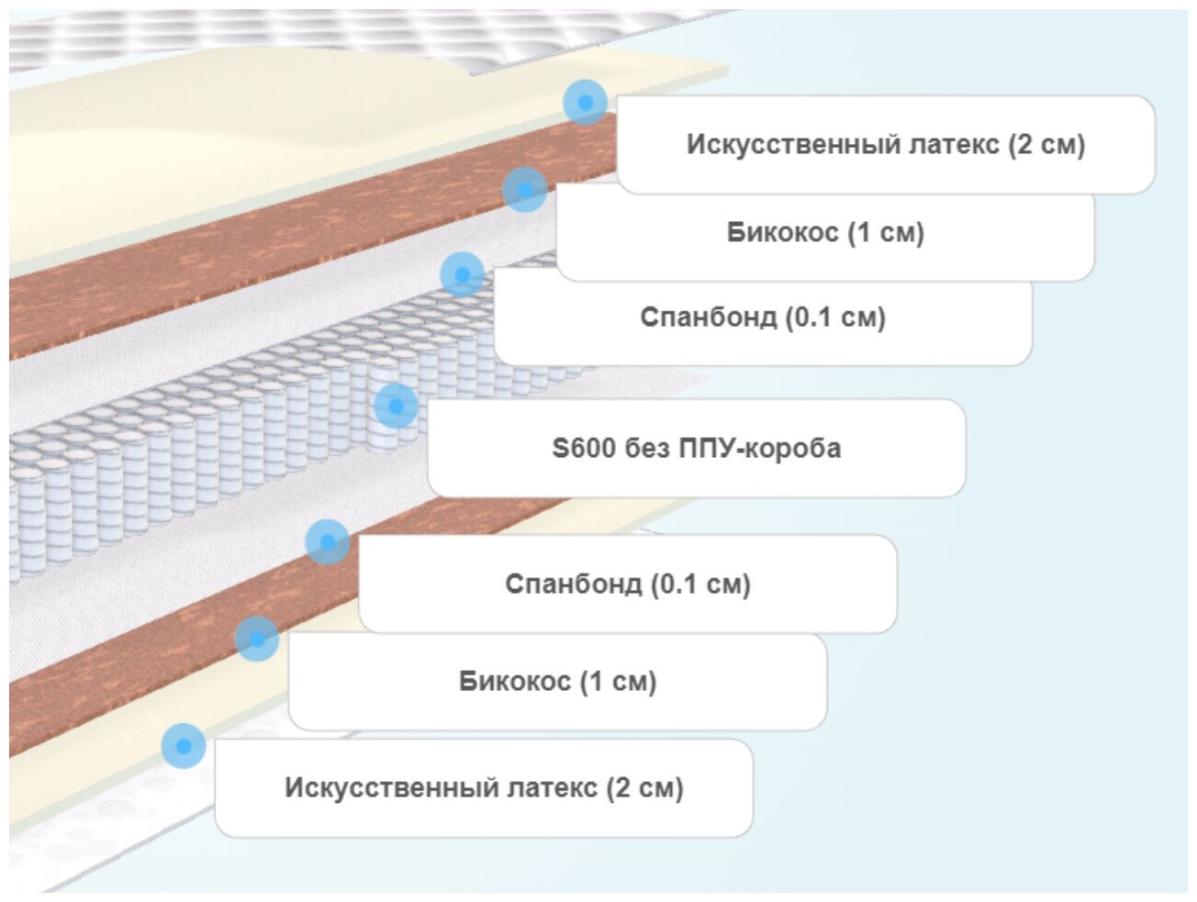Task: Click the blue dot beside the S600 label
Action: click(396, 405)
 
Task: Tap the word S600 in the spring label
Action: click(583, 448)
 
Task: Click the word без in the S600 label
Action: click(651, 448)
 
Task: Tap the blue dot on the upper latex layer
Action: click(585, 102)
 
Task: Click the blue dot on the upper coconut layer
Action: click(524, 190)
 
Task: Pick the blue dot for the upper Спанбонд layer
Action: click(462, 273)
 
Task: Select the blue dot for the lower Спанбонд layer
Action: click(327, 541)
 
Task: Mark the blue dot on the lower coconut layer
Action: click(257, 639)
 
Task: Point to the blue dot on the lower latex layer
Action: click(184, 745)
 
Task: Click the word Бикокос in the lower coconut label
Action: click(514, 681)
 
